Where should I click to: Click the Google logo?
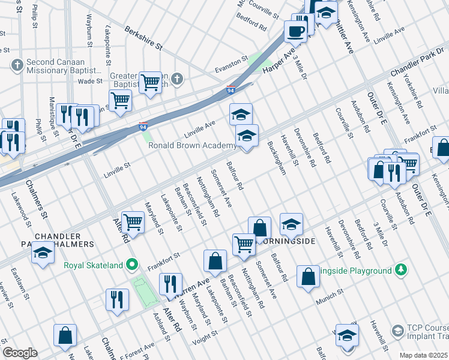[x=20, y=353]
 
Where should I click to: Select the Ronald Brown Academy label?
[x=192, y=146]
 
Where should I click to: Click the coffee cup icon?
[x=295, y=31]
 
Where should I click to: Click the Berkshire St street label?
[x=143, y=37]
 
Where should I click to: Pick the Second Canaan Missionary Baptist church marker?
[x=17, y=64]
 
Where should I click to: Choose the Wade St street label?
[x=90, y=81]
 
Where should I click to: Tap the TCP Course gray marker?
[x=397, y=331]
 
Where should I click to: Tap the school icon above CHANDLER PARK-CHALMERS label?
[x=43, y=254]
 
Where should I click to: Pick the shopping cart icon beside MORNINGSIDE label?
[x=244, y=244]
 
